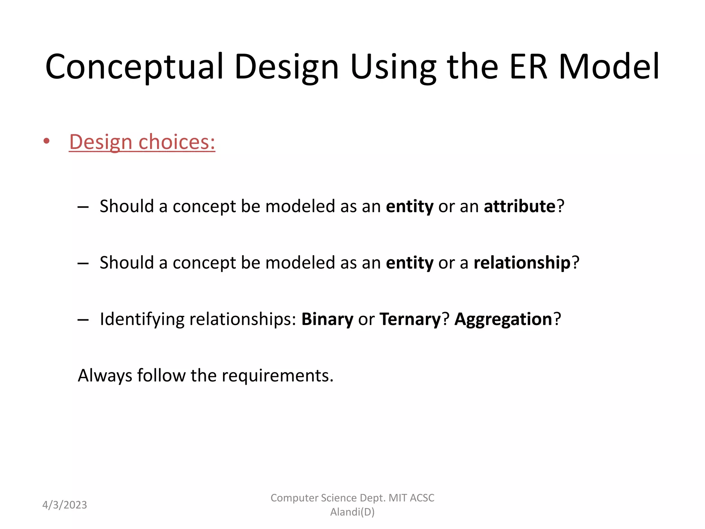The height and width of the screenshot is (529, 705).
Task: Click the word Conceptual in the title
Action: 134,67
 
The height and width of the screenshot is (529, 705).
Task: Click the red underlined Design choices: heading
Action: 142,142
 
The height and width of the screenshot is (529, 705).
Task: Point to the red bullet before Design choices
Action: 46,141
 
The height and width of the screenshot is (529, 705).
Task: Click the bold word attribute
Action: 519,206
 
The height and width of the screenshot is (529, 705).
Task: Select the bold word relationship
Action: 522,263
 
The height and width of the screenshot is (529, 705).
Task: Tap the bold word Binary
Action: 327,319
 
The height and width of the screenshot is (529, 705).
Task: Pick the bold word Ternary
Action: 410,319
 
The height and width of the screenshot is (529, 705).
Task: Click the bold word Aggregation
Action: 503,319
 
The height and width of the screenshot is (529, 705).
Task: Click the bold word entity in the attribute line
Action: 410,207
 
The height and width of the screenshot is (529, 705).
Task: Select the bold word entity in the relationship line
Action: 410,263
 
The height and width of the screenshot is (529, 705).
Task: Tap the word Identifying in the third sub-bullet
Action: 142,319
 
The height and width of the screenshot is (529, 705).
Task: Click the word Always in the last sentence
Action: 105,375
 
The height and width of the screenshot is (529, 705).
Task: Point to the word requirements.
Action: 277,376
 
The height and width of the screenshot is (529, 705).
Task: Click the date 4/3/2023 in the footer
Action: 65,505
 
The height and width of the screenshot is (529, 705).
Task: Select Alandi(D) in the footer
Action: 352,512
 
